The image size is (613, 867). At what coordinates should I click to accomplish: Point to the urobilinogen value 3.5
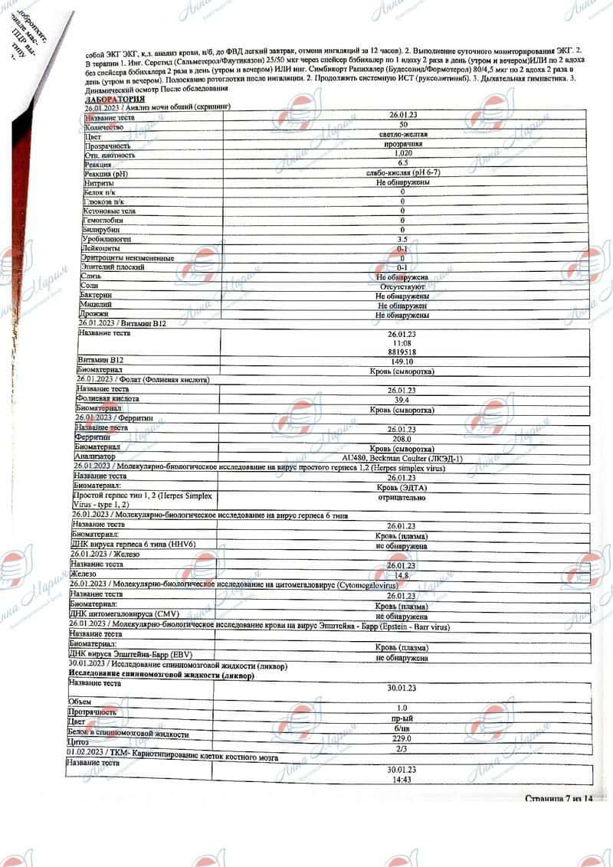pyautogui.click(x=402, y=239)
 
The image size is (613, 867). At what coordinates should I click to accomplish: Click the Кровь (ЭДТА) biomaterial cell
pyautogui.click(x=402, y=486)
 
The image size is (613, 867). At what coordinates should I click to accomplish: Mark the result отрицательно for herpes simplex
pyautogui.click(x=402, y=496)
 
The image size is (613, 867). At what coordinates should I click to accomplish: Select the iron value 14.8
pyautogui.click(x=402, y=574)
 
